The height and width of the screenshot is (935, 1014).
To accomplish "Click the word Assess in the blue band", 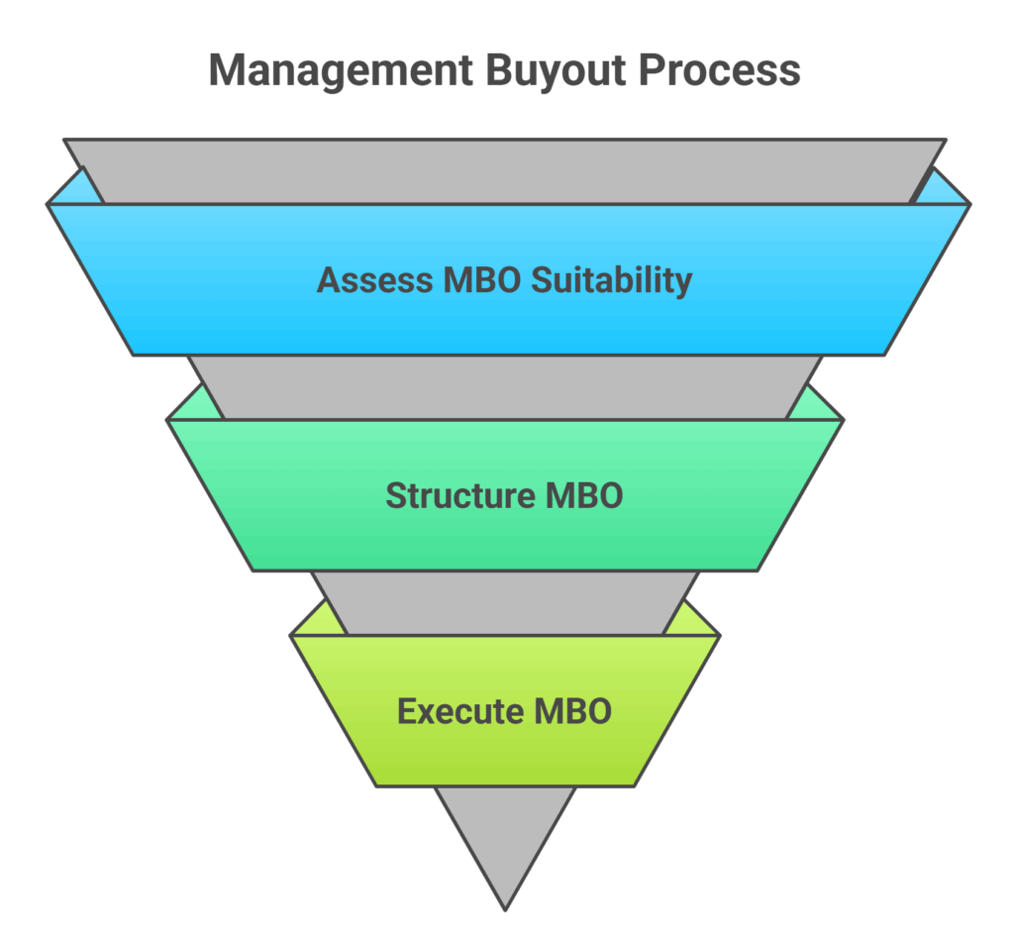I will tap(371, 280).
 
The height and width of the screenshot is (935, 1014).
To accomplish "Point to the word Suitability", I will tap(611, 280).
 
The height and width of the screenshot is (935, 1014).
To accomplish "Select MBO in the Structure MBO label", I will tap(584, 495).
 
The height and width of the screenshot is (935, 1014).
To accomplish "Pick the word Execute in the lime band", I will tap(456, 711).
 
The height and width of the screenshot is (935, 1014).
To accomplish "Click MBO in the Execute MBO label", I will tap(571, 711).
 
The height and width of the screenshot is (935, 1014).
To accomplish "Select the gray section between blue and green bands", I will tap(505, 386).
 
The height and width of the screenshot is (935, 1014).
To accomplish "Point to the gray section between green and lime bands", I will tap(505, 602).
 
